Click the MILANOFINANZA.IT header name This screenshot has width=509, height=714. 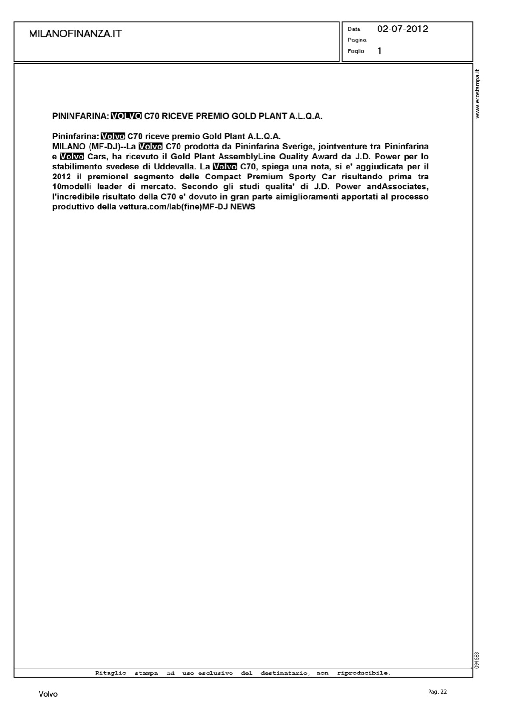75,34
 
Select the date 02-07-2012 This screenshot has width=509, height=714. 402,29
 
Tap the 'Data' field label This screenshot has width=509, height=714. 354,29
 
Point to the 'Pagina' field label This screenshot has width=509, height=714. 357,40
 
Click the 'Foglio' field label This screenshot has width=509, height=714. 356,51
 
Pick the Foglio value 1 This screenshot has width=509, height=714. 379,51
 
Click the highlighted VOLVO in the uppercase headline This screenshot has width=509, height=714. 126,116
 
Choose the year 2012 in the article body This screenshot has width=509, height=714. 61,177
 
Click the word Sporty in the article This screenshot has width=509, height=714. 300,177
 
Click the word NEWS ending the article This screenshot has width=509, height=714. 243,207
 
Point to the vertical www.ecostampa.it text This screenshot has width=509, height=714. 478,94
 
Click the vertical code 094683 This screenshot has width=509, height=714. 477,659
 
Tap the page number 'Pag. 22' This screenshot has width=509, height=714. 437,692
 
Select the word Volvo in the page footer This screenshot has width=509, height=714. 48,694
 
